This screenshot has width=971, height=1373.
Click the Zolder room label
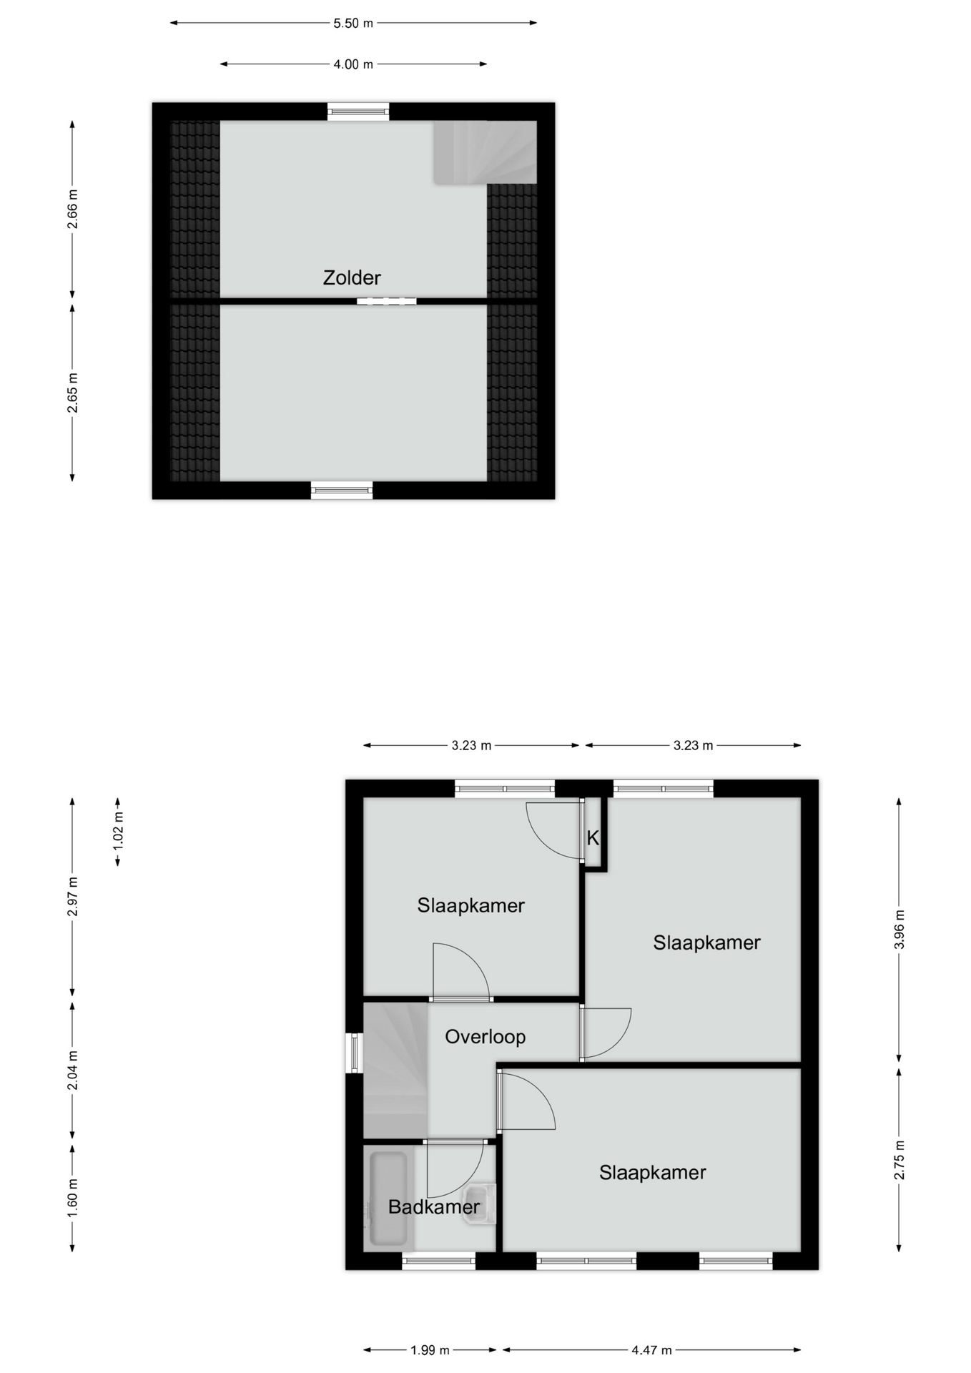click(x=352, y=277)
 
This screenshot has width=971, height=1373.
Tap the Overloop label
click(x=485, y=1036)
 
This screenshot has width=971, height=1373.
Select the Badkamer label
click(x=434, y=1206)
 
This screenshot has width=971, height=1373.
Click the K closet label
click(x=593, y=838)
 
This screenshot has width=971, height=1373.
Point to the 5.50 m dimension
click(x=353, y=23)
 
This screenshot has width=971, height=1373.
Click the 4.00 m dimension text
click(x=353, y=64)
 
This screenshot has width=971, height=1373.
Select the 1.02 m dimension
click(x=119, y=832)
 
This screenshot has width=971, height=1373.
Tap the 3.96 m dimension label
click(x=899, y=930)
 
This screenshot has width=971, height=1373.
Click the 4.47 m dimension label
click(x=651, y=1350)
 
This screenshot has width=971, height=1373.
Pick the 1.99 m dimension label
click(x=430, y=1350)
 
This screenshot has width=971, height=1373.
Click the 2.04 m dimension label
click(x=72, y=1071)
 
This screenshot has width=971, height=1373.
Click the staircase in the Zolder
click(x=485, y=152)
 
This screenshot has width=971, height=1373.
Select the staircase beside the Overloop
click(x=395, y=1070)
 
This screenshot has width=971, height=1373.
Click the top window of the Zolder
click(x=358, y=111)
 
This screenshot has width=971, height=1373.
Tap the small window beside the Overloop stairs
click(x=354, y=1053)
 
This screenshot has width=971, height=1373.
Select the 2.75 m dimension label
click(x=899, y=1160)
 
